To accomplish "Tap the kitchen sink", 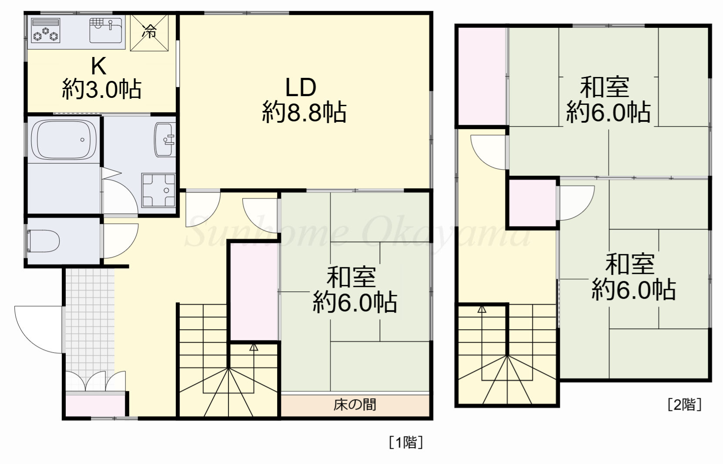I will [x=106, y=30].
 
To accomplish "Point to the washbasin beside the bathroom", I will [x=164, y=139].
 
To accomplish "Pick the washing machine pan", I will [x=158, y=190].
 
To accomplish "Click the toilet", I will [x=44, y=241].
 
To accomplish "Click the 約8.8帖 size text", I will [x=304, y=112].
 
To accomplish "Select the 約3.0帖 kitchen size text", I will [x=102, y=90].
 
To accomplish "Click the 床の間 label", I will [x=355, y=405].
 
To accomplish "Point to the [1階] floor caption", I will [x=405, y=442].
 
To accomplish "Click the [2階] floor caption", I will [x=684, y=404].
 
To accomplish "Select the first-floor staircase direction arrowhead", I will [x=254, y=347].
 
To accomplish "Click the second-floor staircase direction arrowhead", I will [x=482, y=310].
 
